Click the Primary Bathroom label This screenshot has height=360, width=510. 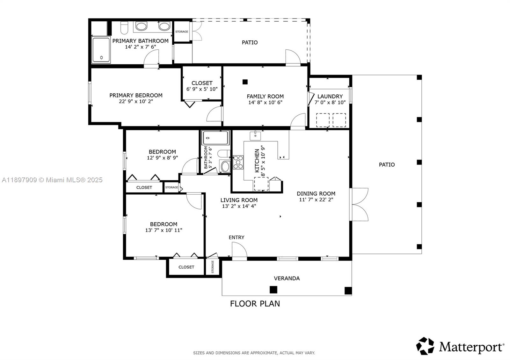point(140,41)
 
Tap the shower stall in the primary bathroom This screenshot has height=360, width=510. point(101,50)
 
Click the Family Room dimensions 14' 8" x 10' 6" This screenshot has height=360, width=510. point(265,103)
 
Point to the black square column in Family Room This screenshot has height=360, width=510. point(245,82)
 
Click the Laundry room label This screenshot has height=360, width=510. point(330,96)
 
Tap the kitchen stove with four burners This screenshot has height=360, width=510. point(238,162)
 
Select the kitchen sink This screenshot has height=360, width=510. point(255,136)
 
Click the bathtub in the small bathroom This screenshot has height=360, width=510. point(215,138)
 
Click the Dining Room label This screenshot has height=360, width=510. point(316,193)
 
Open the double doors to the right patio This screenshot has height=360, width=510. point(360,205)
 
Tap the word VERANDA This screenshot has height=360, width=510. point(287,278)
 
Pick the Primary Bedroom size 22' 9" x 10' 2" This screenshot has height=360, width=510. point(136,102)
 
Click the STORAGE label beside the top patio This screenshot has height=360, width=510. point(182,32)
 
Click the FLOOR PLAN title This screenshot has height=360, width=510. point(255,303)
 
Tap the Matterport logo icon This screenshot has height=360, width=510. point(425,346)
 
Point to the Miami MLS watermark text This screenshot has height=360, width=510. point(52,180)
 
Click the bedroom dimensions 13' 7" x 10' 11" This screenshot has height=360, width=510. point(164,230)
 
